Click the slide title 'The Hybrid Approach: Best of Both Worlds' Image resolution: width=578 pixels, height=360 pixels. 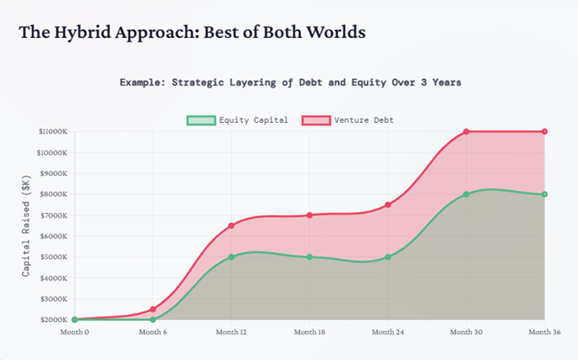[192, 33]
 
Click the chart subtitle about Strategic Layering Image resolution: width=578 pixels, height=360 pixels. [290, 82]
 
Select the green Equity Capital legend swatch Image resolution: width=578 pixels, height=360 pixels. [201, 120]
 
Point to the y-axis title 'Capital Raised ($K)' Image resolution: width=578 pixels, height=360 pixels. [27, 226]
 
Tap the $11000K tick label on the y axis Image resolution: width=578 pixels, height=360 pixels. [52, 132]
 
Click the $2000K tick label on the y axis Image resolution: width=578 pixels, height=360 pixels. [54, 319]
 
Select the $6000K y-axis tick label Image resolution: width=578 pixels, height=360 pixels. [54, 236]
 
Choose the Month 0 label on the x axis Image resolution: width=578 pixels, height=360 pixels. [74, 333]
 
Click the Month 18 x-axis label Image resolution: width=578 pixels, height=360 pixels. [310, 333]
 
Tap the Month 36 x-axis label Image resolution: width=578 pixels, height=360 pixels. [544, 333]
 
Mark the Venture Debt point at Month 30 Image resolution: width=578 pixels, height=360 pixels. [466, 132]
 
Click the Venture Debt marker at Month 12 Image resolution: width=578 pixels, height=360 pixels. [231, 226]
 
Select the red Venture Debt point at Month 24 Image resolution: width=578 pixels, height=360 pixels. [388, 204]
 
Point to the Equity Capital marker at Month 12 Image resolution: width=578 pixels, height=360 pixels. [231, 257]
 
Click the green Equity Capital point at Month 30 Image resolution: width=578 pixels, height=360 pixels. [466, 195]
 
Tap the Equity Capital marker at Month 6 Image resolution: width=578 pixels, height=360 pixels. [153, 319]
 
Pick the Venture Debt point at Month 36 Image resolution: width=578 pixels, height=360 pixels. [544, 132]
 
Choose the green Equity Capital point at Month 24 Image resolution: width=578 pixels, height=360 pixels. [388, 257]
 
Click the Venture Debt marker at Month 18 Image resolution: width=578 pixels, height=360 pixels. [310, 215]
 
